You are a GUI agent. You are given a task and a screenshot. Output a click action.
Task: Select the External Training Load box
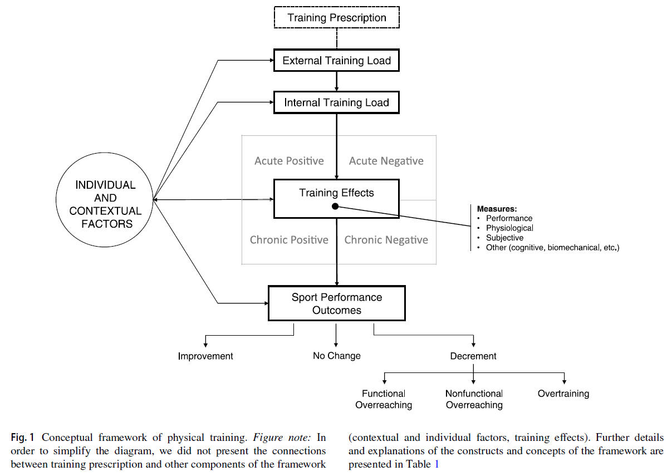pos(336,61)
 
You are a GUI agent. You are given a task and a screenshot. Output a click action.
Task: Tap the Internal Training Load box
pos(336,102)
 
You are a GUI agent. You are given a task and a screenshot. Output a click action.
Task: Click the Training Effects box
pos(336,193)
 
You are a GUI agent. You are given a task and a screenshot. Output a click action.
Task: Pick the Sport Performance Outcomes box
pos(336,303)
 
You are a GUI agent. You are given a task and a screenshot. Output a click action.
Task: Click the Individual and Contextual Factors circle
pos(105,204)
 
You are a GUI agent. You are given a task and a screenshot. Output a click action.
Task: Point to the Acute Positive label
pos(289,161)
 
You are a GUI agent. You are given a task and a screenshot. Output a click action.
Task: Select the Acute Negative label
pos(386,161)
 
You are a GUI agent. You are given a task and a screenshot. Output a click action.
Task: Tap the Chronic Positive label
pos(289,240)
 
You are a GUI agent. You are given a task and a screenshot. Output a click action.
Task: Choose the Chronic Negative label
pos(386,240)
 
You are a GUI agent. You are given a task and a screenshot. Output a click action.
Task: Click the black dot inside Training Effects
pos(335,207)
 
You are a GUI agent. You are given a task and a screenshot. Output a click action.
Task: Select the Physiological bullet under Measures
pos(509,228)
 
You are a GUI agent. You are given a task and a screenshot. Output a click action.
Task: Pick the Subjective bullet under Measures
pos(504,238)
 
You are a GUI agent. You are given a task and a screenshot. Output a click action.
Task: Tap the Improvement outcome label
pos(205,356)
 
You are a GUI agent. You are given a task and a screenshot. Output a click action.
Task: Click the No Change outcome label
pos(336,355)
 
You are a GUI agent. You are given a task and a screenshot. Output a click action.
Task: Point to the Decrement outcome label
pos(473,356)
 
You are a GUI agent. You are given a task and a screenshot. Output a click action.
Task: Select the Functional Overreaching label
pos(384,399)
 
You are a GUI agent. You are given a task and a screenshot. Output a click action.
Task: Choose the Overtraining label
pos(563,394)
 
